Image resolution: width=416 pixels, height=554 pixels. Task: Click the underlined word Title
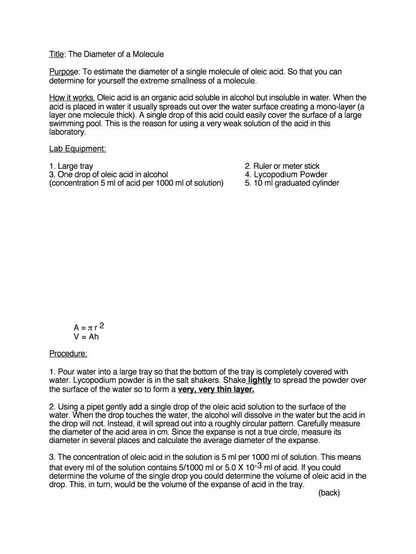(x=56, y=55)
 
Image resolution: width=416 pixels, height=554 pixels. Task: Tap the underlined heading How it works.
(x=72, y=98)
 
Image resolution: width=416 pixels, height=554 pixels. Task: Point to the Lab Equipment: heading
(x=77, y=149)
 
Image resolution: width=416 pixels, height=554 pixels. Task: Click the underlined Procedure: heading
(x=68, y=354)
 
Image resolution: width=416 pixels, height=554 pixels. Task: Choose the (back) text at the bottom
(x=329, y=493)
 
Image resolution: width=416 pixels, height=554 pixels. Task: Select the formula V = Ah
(x=86, y=337)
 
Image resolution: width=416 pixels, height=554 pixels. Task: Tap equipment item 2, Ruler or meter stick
(x=281, y=166)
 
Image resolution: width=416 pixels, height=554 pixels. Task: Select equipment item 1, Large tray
(x=71, y=166)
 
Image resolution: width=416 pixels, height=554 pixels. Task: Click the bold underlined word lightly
(x=259, y=380)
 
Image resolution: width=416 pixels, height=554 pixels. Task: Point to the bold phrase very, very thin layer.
(x=216, y=389)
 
